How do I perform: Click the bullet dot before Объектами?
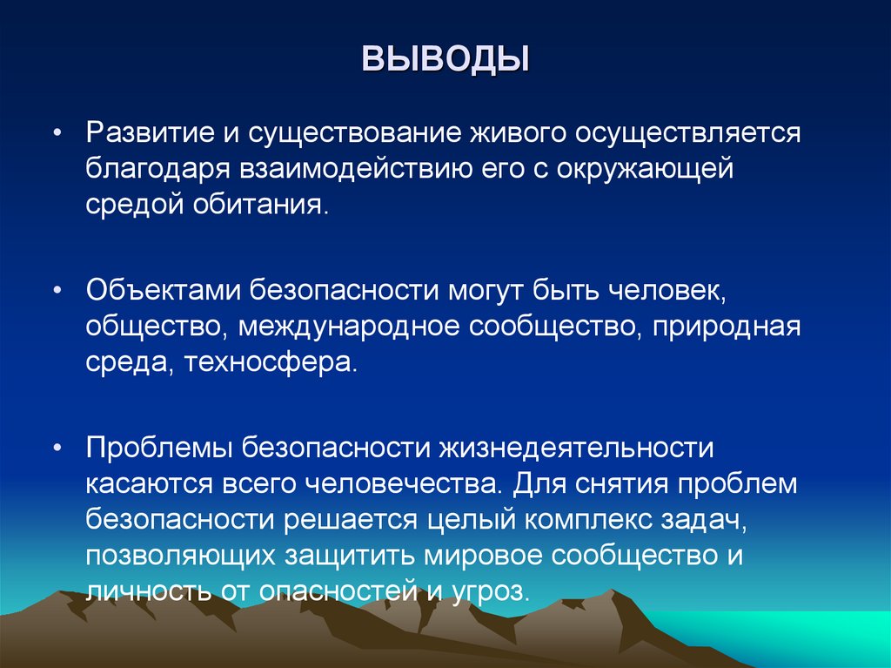57,290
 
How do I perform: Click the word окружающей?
651,169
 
